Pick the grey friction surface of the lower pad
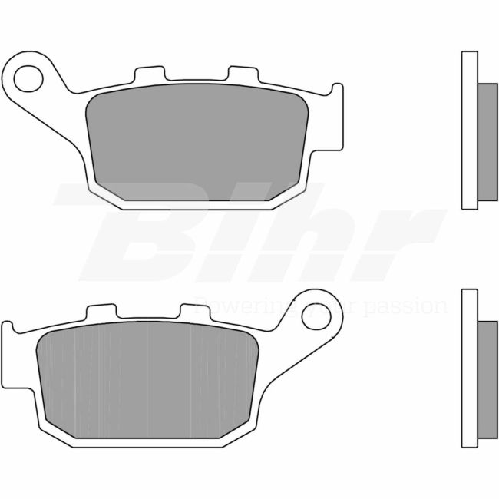coord(146,380)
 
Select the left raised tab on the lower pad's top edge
coord(98,312)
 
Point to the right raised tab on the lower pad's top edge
coord(190,312)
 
